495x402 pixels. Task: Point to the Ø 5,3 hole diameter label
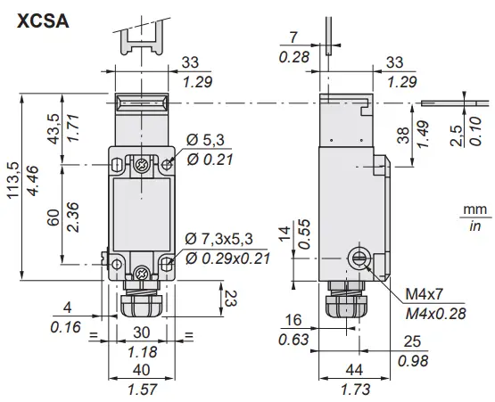pyautogui.click(x=206, y=139)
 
